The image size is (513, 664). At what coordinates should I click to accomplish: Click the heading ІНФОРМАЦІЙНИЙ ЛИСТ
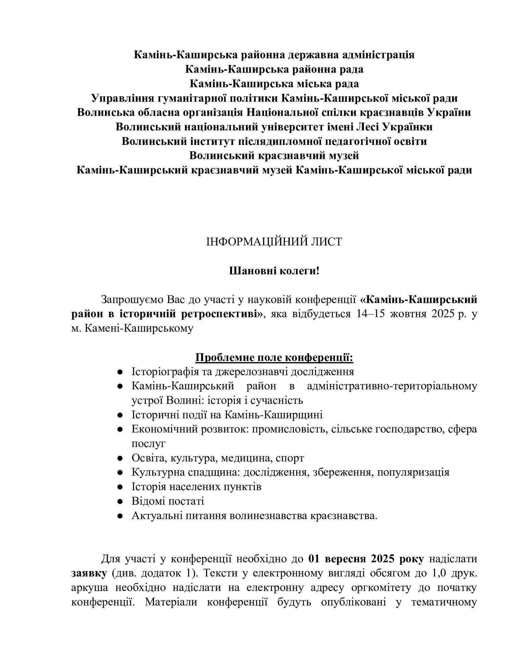(274, 242)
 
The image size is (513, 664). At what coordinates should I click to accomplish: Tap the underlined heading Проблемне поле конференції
(274, 358)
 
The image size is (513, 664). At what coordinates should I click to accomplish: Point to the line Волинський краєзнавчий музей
(274, 156)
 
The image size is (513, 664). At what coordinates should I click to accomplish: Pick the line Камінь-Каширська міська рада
(274, 84)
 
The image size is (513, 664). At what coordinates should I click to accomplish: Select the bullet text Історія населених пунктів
(196, 487)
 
